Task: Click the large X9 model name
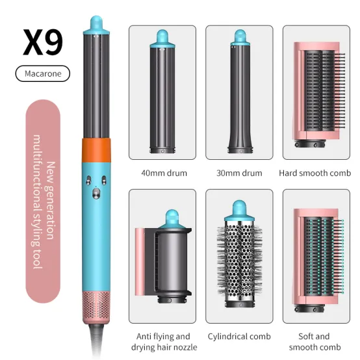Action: tap(43, 42)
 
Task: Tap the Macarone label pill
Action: tap(43, 73)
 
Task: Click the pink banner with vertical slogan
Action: tap(43, 201)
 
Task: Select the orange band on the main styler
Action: tap(96, 150)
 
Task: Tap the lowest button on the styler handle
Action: tap(96, 193)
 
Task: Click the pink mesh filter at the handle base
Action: tap(96, 307)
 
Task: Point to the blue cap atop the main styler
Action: tap(96, 25)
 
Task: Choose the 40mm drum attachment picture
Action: tap(162, 92)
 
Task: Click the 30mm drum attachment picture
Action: tap(240, 92)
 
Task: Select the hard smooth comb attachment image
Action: tap(319, 94)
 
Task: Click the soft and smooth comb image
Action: tap(318, 260)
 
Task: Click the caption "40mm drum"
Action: tap(164, 173)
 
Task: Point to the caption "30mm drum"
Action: tap(239, 173)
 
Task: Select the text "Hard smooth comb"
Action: tap(315, 173)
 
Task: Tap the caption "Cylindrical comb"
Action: tap(239, 337)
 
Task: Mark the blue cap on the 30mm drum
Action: tap(240, 37)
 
